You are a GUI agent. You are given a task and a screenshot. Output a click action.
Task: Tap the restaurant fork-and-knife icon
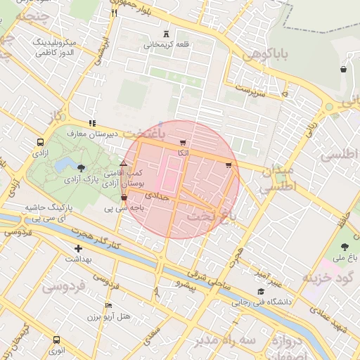point(114,13)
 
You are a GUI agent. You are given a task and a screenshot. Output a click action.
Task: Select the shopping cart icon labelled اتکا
point(184,143)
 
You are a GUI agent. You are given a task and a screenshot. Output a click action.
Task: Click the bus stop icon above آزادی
point(39,142)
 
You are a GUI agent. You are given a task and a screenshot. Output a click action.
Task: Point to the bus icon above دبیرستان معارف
point(91,122)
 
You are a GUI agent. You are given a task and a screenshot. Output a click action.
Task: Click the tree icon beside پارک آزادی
point(81,168)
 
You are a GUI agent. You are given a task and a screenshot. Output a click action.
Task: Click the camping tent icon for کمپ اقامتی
point(124,163)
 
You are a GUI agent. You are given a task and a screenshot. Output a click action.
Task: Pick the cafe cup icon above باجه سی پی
point(124,198)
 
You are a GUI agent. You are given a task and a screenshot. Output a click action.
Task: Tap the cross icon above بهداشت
point(78,248)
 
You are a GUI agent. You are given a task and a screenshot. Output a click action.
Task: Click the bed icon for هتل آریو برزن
point(108,305)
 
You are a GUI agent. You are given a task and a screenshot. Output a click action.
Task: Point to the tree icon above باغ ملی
point(345,246)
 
